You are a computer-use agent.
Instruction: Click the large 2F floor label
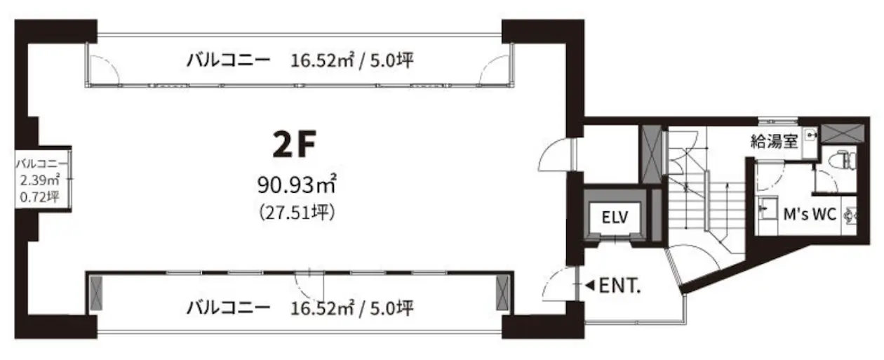pyautogui.click(x=294, y=145)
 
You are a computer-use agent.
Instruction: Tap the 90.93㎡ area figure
pyautogui.click(x=296, y=184)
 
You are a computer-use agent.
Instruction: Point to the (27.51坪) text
pyautogui.click(x=296, y=213)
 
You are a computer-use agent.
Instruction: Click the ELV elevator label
pyautogui.click(x=615, y=217)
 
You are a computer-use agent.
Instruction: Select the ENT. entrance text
pyautogui.click(x=620, y=286)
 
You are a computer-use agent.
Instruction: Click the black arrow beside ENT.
pyautogui.click(x=590, y=285)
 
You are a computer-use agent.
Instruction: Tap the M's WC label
pyautogui.click(x=810, y=214)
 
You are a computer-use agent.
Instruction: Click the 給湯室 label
pyautogui.click(x=775, y=141)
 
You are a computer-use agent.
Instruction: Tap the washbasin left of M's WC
pyautogui.click(x=766, y=209)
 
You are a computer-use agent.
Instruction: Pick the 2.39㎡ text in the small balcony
pyautogui.click(x=39, y=180)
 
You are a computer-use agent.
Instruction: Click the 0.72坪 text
pyautogui.click(x=39, y=196)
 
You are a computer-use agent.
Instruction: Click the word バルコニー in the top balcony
pyautogui.click(x=229, y=60)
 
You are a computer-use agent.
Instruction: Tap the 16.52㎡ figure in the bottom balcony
pyautogui.click(x=322, y=309)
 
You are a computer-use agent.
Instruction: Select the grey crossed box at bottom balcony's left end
pyautogui.click(x=96, y=293)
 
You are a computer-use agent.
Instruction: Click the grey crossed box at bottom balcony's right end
pyautogui.click(x=502, y=293)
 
